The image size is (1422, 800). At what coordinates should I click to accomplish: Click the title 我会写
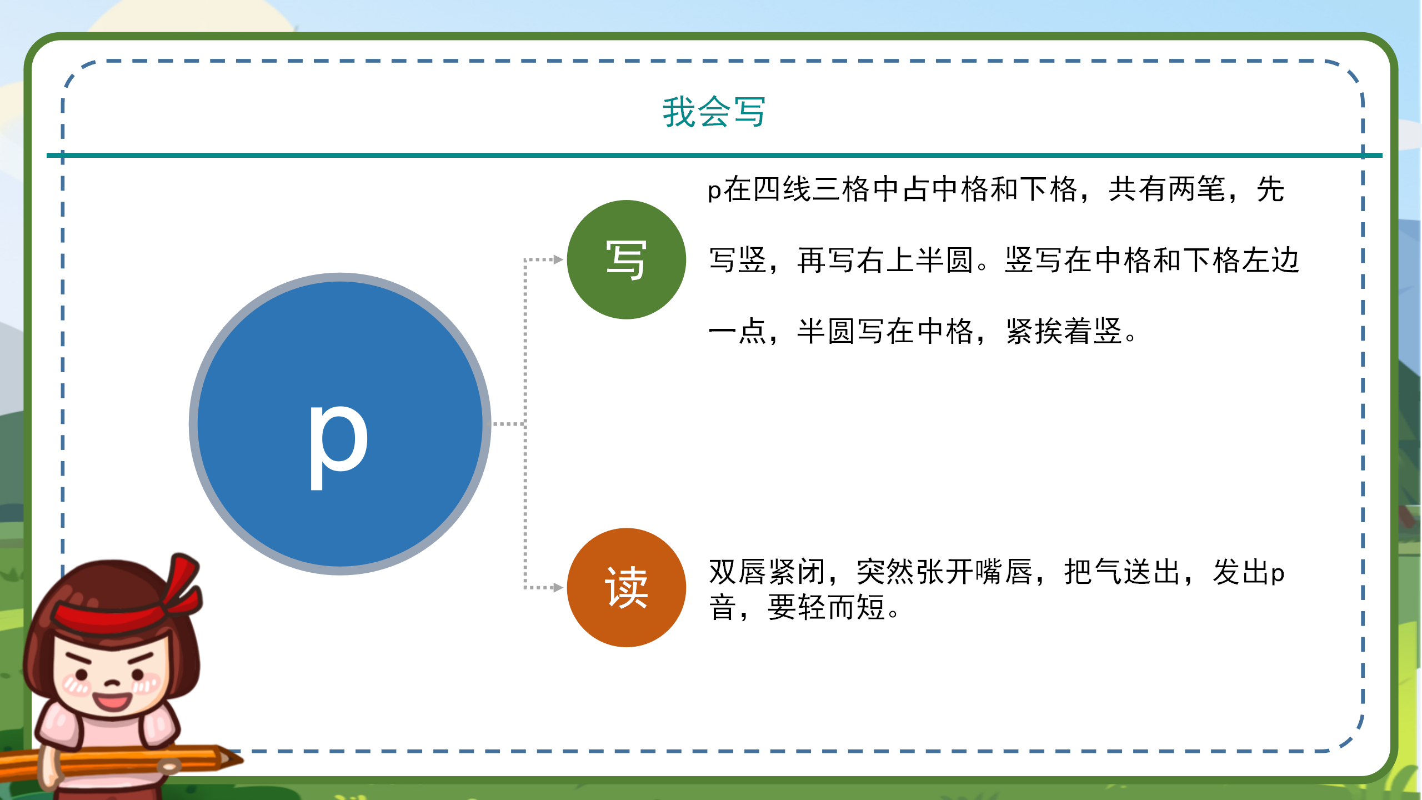point(714,112)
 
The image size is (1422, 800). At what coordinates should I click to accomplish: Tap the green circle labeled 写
point(626,259)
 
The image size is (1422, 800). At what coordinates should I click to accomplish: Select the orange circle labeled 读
point(626,587)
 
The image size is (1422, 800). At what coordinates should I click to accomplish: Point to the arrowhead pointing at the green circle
point(558,259)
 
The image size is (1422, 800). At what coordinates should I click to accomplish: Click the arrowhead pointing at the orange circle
point(558,587)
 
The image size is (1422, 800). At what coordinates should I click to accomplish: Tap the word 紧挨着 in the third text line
point(1049,332)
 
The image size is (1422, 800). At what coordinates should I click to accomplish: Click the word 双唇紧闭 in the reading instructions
point(767,572)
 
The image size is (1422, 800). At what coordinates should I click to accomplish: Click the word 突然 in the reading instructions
point(885,572)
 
